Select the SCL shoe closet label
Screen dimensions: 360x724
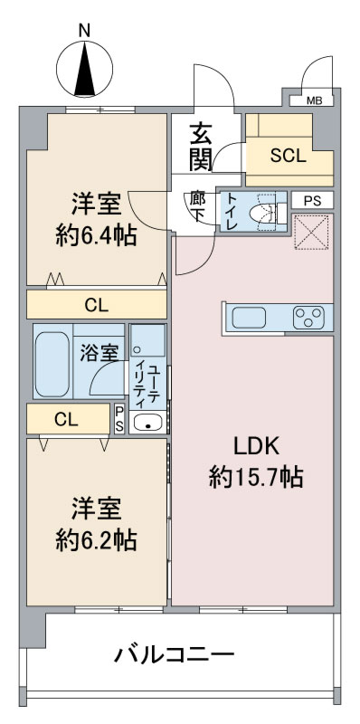tap(289, 156)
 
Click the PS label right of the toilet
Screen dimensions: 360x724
tap(312, 201)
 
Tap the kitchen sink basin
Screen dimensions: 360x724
tap(249, 318)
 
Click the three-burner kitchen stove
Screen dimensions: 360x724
tap(308, 318)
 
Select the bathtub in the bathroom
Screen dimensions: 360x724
tap(52, 364)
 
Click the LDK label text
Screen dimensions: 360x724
tap(256, 447)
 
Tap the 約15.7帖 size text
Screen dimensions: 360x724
tap(256, 478)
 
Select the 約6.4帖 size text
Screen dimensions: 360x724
tap(97, 236)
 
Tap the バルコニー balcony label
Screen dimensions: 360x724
tap(175, 654)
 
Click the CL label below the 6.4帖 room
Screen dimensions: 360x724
tap(97, 305)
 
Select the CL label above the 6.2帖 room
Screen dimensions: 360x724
tap(66, 420)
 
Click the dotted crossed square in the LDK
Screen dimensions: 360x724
tap(313, 232)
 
